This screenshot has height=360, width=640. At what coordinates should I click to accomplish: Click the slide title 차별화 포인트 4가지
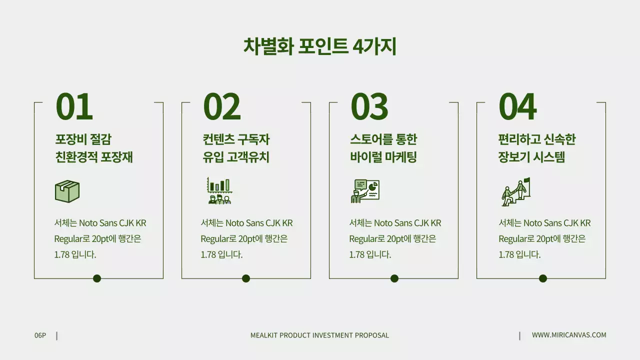pyautogui.click(x=319, y=46)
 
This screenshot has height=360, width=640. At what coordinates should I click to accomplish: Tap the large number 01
pyautogui.click(x=74, y=106)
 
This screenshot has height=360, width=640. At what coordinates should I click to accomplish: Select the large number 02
pyautogui.click(x=221, y=106)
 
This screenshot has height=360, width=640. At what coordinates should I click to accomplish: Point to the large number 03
pyautogui.click(x=369, y=106)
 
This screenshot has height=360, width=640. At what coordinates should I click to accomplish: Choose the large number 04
pyautogui.click(x=517, y=106)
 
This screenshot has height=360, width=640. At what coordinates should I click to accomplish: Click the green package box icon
pyautogui.click(x=67, y=191)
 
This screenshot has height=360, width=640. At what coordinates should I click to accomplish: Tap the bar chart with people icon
pyautogui.click(x=219, y=191)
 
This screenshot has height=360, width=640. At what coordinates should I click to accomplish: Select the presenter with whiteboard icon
pyautogui.click(x=365, y=191)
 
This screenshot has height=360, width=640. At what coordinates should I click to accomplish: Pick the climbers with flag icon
pyautogui.click(x=515, y=192)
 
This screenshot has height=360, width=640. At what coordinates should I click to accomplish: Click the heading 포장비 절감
pyautogui.click(x=83, y=139)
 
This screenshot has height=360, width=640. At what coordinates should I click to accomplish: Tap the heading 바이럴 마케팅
pyautogui.click(x=383, y=157)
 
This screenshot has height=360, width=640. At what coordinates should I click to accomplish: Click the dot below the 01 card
pyautogui.click(x=97, y=278)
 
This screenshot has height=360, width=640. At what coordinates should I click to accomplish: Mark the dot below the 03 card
pyautogui.click(x=394, y=278)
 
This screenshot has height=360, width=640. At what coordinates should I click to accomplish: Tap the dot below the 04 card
pyautogui.click(x=543, y=278)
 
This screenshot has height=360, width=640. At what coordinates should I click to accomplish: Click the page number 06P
pyautogui.click(x=40, y=335)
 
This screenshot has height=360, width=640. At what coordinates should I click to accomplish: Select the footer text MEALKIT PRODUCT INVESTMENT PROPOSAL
pyautogui.click(x=319, y=335)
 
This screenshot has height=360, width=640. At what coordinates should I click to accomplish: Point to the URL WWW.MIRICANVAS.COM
pyautogui.click(x=569, y=335)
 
